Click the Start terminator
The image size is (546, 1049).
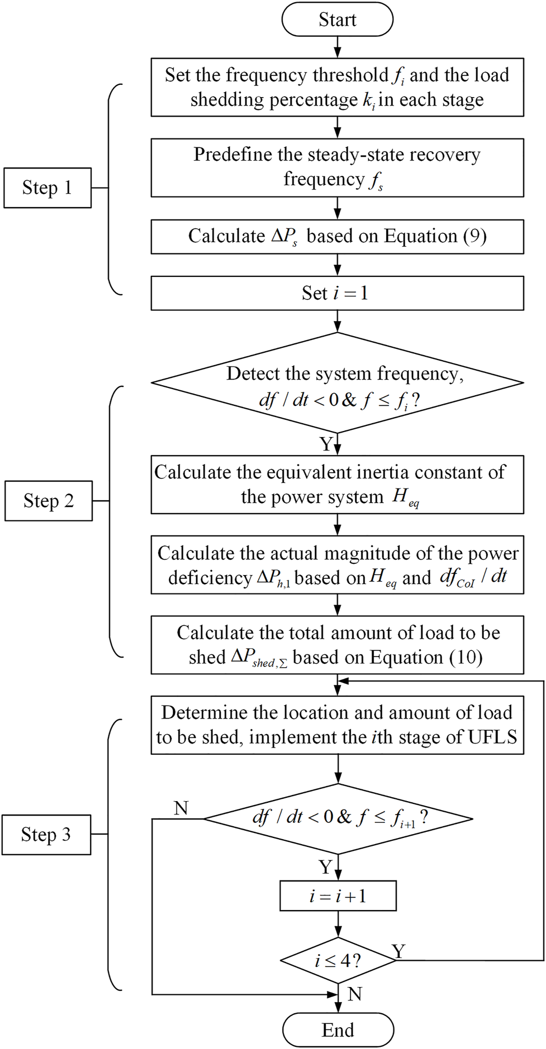[x=337, y=20]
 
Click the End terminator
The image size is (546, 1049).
[x=338, y=1030]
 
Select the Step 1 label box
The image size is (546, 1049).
[x=48, y=188]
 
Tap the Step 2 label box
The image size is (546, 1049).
[x=49, y=501]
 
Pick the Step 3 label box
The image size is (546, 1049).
[x=46, y=835]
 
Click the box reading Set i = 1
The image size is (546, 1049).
[x=337, y=293]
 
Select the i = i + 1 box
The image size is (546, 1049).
[x=338, y=896]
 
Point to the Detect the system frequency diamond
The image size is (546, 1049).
[x=337, y=384]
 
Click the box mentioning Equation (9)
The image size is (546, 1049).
[x=337, y=237]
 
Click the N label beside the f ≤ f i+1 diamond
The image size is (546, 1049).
[x=181, y=808]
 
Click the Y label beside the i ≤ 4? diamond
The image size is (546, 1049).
[x=398, y=951]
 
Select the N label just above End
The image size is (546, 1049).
[x=354, y=994]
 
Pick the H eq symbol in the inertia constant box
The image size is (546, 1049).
[x=405, y=497]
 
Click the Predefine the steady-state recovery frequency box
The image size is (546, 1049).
[x=337, y=167]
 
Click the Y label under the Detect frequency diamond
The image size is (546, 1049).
[x=326, y=444]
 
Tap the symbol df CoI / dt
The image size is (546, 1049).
[x=473, y=577]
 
